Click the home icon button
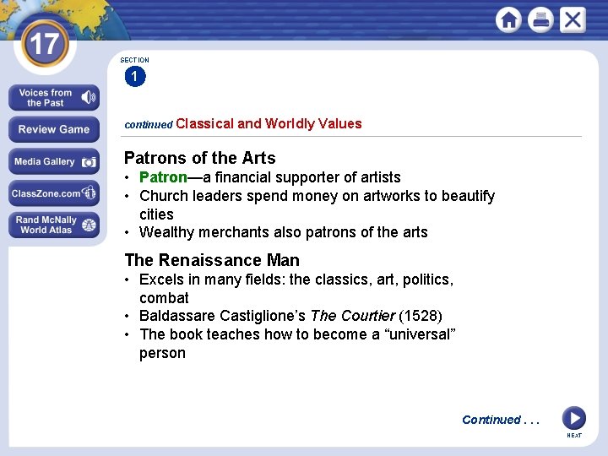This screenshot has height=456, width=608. coord(508,19)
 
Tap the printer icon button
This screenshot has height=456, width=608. coord(540,19)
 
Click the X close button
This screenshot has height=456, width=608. coord(572,19)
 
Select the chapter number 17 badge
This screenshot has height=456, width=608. coord(43,44)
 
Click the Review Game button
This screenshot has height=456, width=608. coord(54,129)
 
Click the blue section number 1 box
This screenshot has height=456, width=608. coord(134,78)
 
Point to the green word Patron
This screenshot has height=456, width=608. coord(163,177)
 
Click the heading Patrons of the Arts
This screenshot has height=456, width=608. coord(199,158)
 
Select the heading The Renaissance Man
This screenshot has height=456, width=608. coord(212,260)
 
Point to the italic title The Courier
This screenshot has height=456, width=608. coord(352,316)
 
